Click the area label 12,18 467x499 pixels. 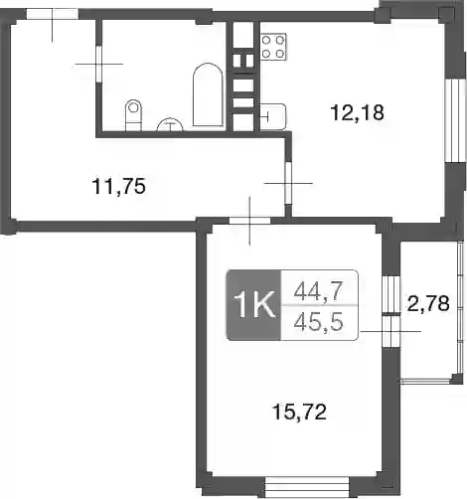(x=358, y=112)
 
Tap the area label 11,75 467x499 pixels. (x=119, y=186)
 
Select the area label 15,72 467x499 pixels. (x=299, y=412)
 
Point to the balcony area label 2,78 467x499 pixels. (x=428, y=303)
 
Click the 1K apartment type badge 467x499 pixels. (x=253, y=305)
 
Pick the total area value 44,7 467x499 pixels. (x=318, y=291)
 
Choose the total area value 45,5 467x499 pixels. (x=318, y=322)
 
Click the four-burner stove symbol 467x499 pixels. (x=273, y=47)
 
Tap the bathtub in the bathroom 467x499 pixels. (x=208, y=94)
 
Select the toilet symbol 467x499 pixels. (x=133, y=115)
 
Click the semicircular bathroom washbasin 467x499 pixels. (x=170, y=124)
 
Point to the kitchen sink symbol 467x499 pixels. (x=272, y=116)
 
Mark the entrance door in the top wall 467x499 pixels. (x=53, y=15)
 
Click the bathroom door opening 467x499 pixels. (x=98, y=64)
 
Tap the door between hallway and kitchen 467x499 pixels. (x=288, y=183)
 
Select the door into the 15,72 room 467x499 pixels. (x=250, y=221)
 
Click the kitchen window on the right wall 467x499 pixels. (x=451, y=120)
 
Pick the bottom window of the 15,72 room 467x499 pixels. (x=307, y=487)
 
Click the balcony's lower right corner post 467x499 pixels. (x=457, y=379)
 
